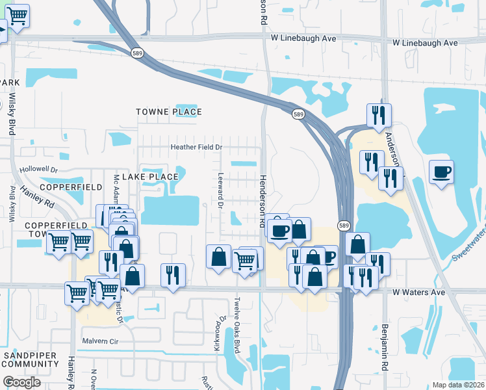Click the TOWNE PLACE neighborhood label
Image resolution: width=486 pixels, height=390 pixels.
(x=169, y=112)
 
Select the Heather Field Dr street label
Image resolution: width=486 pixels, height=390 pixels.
(x=196, y=147)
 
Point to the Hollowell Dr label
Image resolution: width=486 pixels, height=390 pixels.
(x=39, y=169)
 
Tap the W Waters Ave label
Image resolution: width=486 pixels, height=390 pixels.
(x=419, y=292)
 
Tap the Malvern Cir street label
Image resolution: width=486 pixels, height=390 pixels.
(x=101, y=341)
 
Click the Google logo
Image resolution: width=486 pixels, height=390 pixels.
(x=21, y=382)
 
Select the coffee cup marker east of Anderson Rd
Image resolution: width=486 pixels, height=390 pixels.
(x=441, y=172)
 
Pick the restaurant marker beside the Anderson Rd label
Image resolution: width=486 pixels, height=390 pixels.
(x=378, y=116)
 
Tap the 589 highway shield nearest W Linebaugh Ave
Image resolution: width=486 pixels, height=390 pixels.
(x=136, y=53)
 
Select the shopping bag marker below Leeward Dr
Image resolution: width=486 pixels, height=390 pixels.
(x=219, y=256)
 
